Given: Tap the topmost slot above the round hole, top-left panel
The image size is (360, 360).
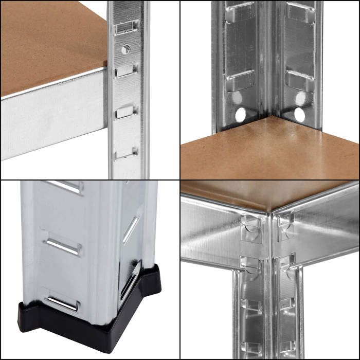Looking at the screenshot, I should [125, 27].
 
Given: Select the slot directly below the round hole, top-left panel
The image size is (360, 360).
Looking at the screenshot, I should [125, 70].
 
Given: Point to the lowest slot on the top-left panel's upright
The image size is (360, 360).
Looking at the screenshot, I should [125, 153].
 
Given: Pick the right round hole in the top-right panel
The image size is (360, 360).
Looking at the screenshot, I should [299, 115].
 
